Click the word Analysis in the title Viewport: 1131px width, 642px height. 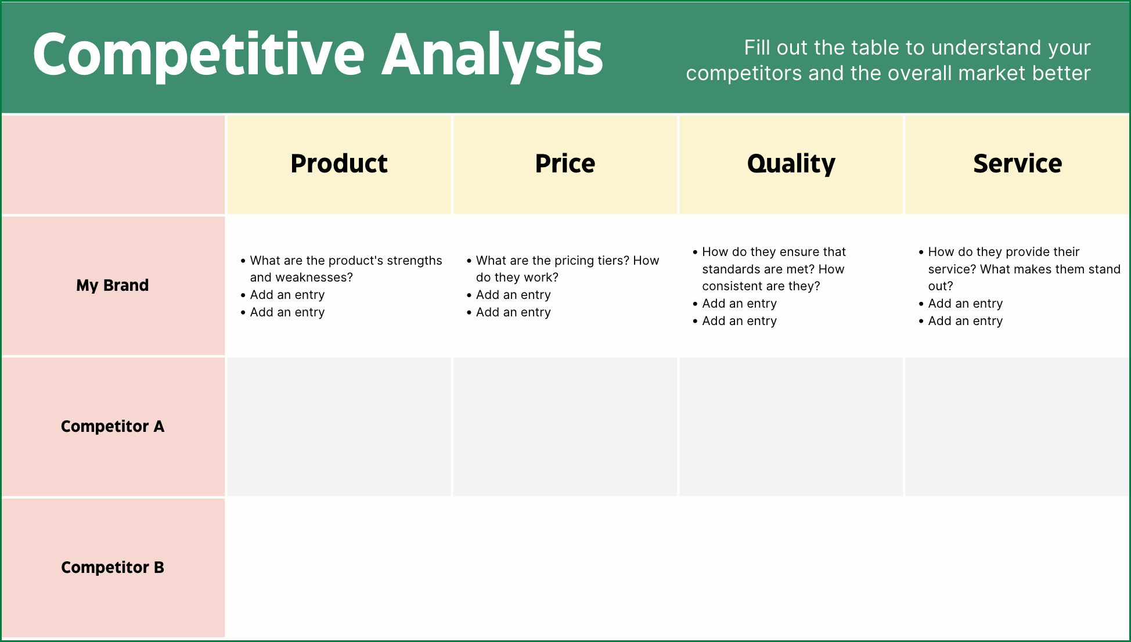(x=492, y=55)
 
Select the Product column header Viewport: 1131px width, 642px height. (x=339, y=164)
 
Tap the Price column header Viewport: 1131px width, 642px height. (x=565, y=164)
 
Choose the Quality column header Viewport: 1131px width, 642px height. (x=791, y=164)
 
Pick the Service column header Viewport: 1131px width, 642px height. (x=1017, y=164)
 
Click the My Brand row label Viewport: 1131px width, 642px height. (x=113, y=286)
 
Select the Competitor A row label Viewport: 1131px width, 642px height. (x=113, y=427)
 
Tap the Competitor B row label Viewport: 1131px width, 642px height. (x=113, y=568)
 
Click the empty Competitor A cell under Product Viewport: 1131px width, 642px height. (x=339, y=427)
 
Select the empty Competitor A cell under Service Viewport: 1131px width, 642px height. (x=1017, y=427)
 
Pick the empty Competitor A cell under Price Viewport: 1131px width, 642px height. (x=565, y=427)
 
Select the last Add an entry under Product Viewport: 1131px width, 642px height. (x=287, y=312)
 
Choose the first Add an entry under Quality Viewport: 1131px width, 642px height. (x=739, y=304)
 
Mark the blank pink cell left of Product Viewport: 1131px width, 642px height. (x=113, y=165)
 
